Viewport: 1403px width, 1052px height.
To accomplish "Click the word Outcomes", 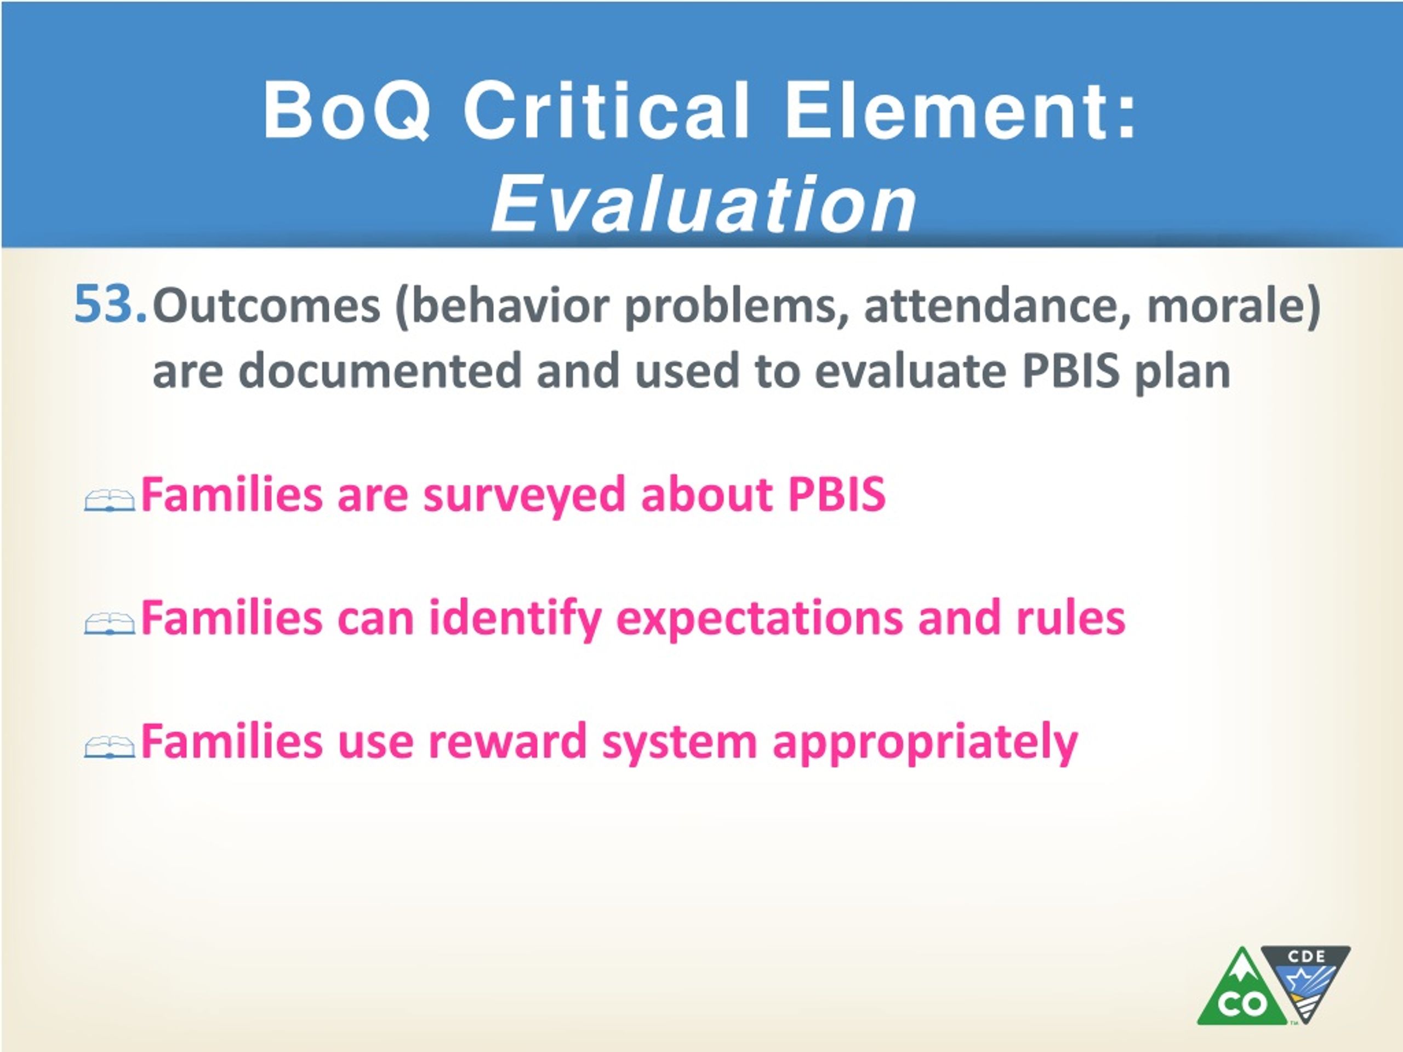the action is [266, 306].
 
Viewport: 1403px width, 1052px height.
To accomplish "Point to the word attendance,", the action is [997, 306].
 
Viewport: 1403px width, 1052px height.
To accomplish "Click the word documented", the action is [380, 371].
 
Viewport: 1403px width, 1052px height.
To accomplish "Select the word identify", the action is [515, 618].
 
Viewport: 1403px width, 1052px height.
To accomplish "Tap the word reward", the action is [508, 741].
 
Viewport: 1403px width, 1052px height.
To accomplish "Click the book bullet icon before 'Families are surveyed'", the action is [109, 501].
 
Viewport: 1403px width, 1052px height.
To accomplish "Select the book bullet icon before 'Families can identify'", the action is [109, 624].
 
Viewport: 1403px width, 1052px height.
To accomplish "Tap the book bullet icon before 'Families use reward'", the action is [109, 747].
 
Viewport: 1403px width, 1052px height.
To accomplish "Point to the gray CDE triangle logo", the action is [1305, 976].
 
